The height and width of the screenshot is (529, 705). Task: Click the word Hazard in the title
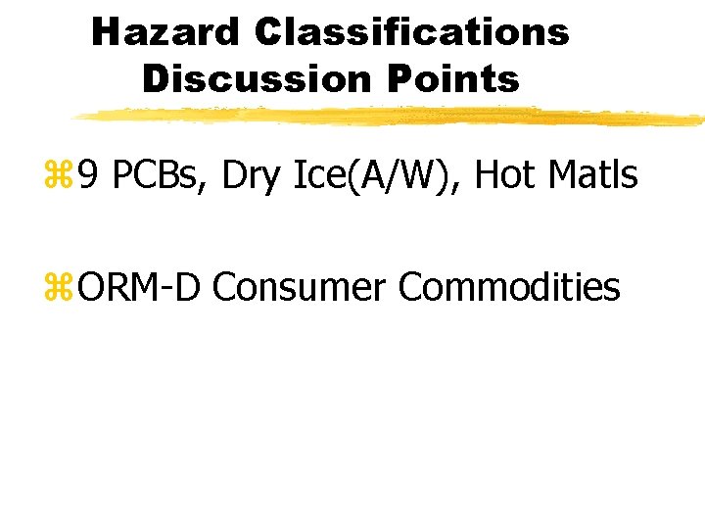(x=164, y=31)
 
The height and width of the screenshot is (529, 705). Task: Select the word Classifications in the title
(x=411, y=31)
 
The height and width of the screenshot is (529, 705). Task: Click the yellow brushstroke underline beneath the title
(x=392, y=117)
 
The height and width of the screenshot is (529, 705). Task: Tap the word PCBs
(x=158, y=176)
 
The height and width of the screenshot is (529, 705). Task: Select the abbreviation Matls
(x=594, y=176)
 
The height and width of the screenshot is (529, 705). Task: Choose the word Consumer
(x=301, y=288)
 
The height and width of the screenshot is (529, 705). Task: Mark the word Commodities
(x=509, y=288)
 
